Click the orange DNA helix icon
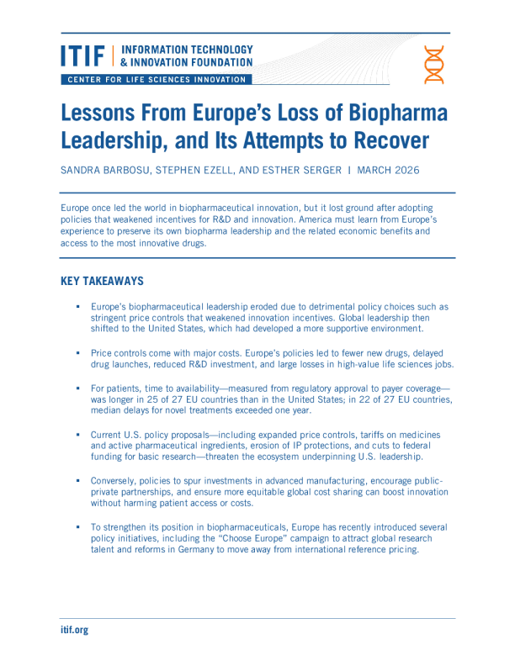434,65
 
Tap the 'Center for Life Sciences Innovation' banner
156,80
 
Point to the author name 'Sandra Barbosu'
104,170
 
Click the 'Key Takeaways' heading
102,281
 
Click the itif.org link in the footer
74,630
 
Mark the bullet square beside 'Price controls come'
77,354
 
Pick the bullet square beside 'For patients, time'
77,388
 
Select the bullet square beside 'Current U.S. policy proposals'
77,435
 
